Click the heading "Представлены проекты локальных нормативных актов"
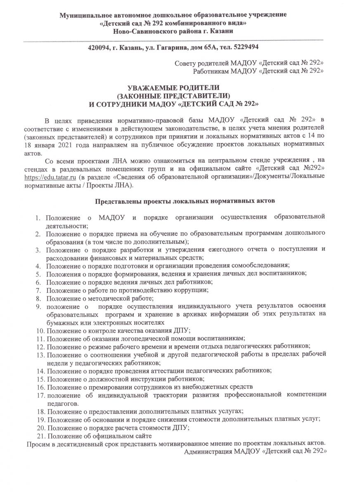click(x=185, y=201)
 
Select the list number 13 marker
click(x=40, y=355)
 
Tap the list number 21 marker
click(x=40, y=436)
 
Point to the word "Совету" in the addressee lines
click(x=185, y=63)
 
